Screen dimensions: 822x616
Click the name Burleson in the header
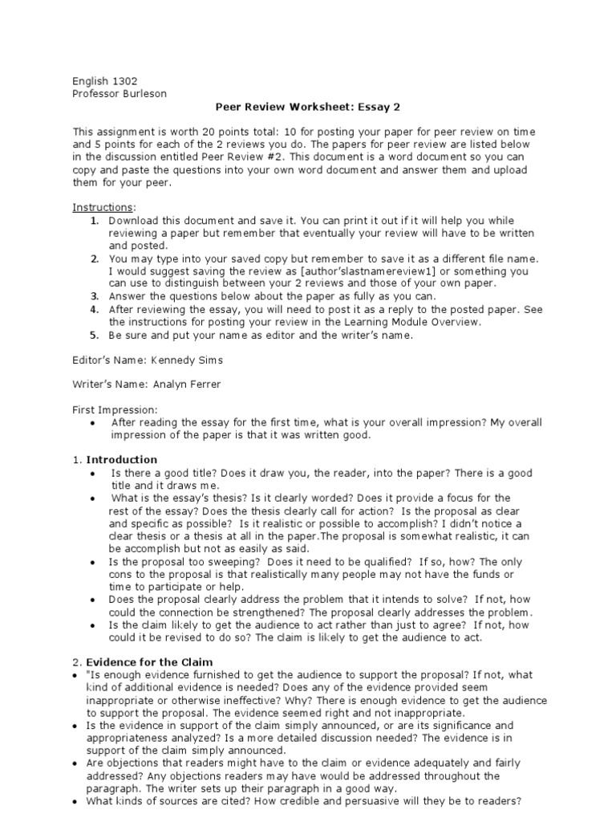click(x=142, y=93)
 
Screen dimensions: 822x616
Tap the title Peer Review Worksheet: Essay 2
click(x=308, y=106)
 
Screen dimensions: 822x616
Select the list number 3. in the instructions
click(x=94, y=295)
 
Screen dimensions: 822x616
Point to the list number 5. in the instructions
click(x=94, y=335)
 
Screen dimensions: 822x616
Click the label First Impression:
click(x=115, y=409)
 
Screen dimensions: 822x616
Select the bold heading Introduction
click(x=122, y=460)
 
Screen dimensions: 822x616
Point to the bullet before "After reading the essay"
click(x=94, y=423)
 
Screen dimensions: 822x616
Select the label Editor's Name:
click(x=110, y=360)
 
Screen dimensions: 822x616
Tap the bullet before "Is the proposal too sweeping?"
click(x=94, y=562)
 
